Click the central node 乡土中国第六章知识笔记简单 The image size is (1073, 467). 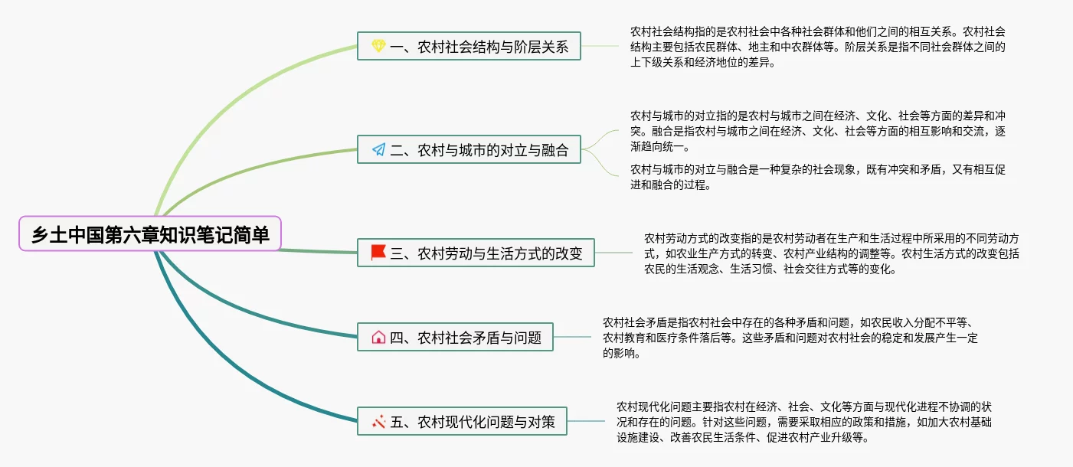[x=150, y=233]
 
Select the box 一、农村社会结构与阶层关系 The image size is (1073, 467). [x=469, y=46]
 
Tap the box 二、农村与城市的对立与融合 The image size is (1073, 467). [x=469, y=149]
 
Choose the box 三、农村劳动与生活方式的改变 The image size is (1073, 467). [x=476, y=253]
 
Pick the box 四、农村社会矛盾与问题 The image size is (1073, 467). [x=455, y=337]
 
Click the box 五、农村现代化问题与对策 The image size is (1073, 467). [x=462, y=421]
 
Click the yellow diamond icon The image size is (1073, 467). [x=378, y=46]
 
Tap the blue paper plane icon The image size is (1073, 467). [x=378, y=149]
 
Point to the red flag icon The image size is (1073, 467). [x=378, y=253]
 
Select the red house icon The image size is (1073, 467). [x=378, y=337]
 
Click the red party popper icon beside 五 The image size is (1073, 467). [x=378, y=422]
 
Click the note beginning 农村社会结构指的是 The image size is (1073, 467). [x=818, y=47]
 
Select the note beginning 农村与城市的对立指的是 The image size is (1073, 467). [x=818, y=131]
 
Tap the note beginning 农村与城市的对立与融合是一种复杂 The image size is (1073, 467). [x=818, y=177]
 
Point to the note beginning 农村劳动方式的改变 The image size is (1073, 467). [x=831, y=254]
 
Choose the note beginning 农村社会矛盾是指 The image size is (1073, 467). [x=790, y=338]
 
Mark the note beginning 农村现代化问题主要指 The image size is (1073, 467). [x=803, y=423]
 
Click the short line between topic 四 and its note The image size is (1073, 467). [x=572, y=337]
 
